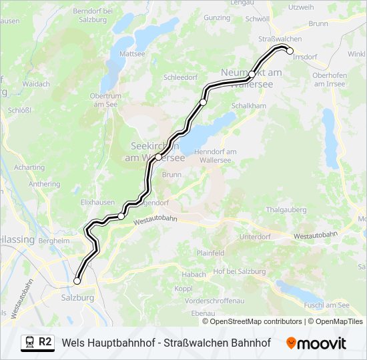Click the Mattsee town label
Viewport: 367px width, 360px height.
pyautogui.click(x=132, y=53)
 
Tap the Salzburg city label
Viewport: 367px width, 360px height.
pyautogui.click(x=77, y=297)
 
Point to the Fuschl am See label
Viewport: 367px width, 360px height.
pyautogui.click(x=325, y=305)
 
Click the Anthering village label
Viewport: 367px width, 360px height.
pyautogui.click(x=44, y=184)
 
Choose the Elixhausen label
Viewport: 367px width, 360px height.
pyautogui.click(x=95, y=201)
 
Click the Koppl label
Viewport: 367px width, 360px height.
pyautogui.click(x=183, y=289)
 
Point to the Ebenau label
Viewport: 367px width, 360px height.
pyautogui.click(x=203, y=313)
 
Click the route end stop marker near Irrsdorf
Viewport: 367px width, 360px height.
pyautogui.click(x=290, y=51)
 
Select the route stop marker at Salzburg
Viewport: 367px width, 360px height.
pyautogui.click(x=77, y=281)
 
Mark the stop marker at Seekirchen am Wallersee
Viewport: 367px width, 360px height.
pyautogui.click(x=158, y=157)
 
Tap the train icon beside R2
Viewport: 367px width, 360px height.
pyautogui.click(x=29, y=342)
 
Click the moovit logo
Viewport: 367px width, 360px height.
pyautogui.click(x=316, y=343)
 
